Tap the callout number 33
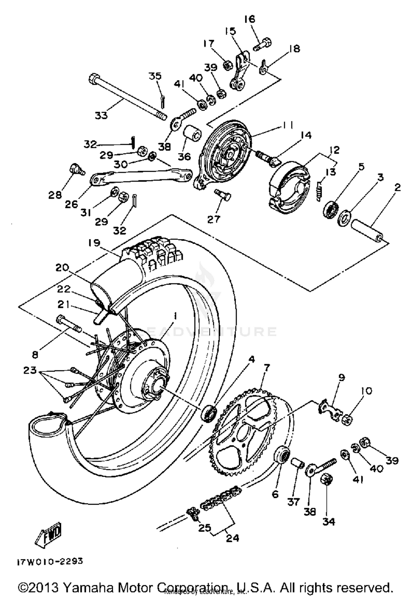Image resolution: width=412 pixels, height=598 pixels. pyautogui.click(x=101, y=116)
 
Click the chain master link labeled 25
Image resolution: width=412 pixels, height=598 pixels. pyautogui.click(x=193, y=512)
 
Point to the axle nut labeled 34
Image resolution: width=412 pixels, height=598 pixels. pyautogui.click(x=326, y=480)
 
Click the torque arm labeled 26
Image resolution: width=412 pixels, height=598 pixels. pyautogui.click(x=140, y=178)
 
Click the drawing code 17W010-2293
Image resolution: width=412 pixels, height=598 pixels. pyautogui.click(x=50, y=561)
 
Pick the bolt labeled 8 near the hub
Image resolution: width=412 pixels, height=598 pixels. pyautogui.click(x=68, y=324)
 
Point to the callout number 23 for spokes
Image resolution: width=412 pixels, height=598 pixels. pyautogui.click(x=30, y=370)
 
